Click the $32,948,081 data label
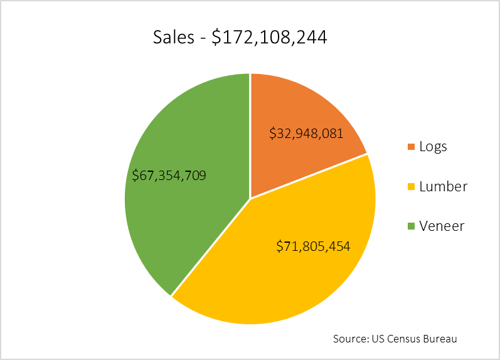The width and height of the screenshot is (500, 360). pos(306,134)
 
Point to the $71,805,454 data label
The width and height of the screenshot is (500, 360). pos(313,246)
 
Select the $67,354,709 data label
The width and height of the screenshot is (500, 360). pos(169,175)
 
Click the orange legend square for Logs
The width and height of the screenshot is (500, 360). pos(412,147)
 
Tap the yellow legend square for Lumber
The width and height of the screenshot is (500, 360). pos(412,187)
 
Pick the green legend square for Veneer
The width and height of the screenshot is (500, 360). pos(412,226)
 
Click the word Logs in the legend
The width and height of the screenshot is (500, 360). pos(433,147)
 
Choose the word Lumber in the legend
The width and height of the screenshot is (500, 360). pos(443,187)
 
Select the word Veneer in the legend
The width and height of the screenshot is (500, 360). pos(442,226)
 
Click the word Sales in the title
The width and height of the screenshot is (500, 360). pos(173,38)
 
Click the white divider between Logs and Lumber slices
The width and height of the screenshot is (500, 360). pos(309,176)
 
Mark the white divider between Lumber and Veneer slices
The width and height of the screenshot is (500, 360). pos(210,247)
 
